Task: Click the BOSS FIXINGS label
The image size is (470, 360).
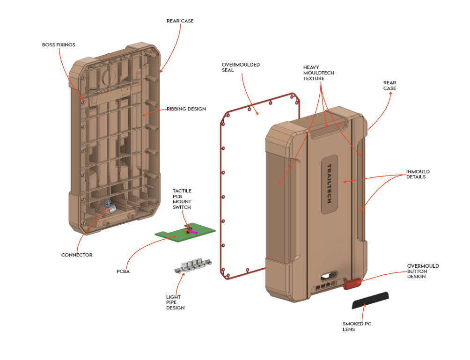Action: click(x=59, y=44)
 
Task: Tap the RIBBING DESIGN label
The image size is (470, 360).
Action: click(x=186, y=109)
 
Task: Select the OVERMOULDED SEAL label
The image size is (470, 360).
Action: click(x=241, y=67)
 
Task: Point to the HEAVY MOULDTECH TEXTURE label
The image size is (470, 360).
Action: click(x=318, y=73)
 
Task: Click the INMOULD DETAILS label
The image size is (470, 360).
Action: click(x=418, y=174)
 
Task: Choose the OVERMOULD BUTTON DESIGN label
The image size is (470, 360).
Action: click(x=423, y=271)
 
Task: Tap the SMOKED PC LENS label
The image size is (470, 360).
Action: click(x=357, y=326)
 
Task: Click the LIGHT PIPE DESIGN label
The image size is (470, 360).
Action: click(x=176, y=302)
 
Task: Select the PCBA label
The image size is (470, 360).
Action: click(x=123, y=271)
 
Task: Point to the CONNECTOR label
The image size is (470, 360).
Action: click(x=77, y=255)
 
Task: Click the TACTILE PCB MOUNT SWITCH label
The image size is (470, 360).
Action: click(x=182, y=199)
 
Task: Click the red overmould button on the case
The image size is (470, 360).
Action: click(x=352, y=284)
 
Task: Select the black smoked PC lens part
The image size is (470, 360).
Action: click(x=370, y=300)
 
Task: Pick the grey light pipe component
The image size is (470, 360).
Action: click(x=193, y=265)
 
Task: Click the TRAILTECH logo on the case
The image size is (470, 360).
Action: click(x=329, y=184)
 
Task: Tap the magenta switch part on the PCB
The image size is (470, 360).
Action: click(x=194, y=232)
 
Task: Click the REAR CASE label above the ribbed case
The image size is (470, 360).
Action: click(x=180, y=21)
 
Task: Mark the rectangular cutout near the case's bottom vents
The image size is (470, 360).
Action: click(x=329, y=276)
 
